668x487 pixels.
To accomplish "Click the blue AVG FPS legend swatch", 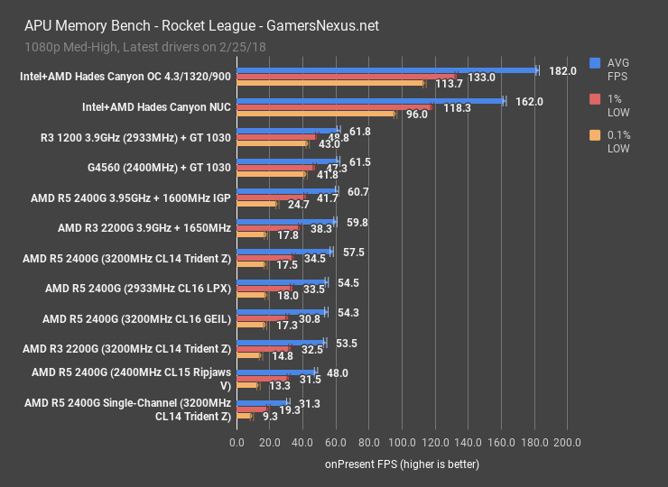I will click(594, 62).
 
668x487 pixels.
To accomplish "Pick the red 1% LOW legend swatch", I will click(594, 98).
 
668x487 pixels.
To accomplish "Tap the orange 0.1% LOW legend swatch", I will click(594, 135).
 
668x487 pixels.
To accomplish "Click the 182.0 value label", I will click(562, 70).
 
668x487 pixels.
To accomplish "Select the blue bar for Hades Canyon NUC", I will click(370, 101).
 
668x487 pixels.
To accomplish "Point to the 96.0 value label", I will click(416, 115).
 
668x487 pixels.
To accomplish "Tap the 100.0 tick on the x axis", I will click(402, 443).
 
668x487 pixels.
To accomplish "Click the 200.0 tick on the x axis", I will click(567, 443).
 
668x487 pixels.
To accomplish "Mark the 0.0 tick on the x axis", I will click(237, 443).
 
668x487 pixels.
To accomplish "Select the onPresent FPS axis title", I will click(402, 464).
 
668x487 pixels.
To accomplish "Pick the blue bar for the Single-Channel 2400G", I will click(263, 403).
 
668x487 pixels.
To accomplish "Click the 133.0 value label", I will click(481, 78).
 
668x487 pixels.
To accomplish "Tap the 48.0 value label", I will click(337, 372).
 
